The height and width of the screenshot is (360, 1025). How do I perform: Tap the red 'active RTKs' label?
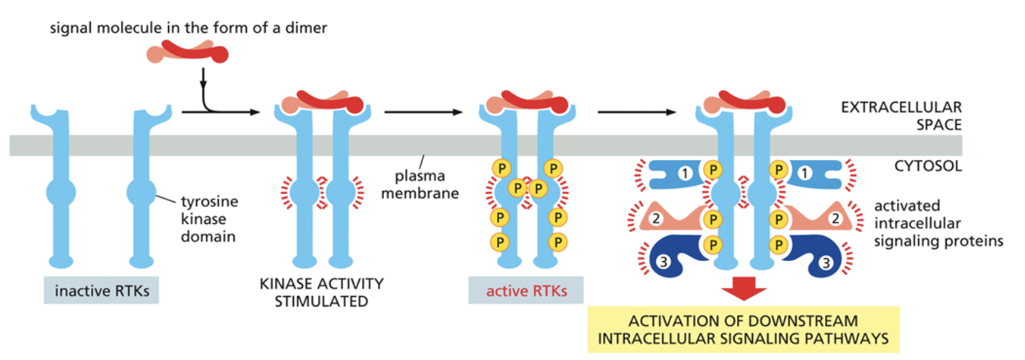click(x=526, y=291)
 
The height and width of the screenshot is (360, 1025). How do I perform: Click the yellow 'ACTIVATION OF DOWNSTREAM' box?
click(x=743, y=330)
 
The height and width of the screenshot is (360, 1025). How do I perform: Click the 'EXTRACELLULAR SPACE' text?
click(x=901, y=115)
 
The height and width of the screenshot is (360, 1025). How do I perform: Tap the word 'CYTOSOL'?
click(x=928, y=166)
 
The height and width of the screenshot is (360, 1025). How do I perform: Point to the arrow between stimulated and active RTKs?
click(x=422, y=113)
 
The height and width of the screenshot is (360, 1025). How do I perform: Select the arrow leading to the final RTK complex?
click(x=637, y=113)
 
